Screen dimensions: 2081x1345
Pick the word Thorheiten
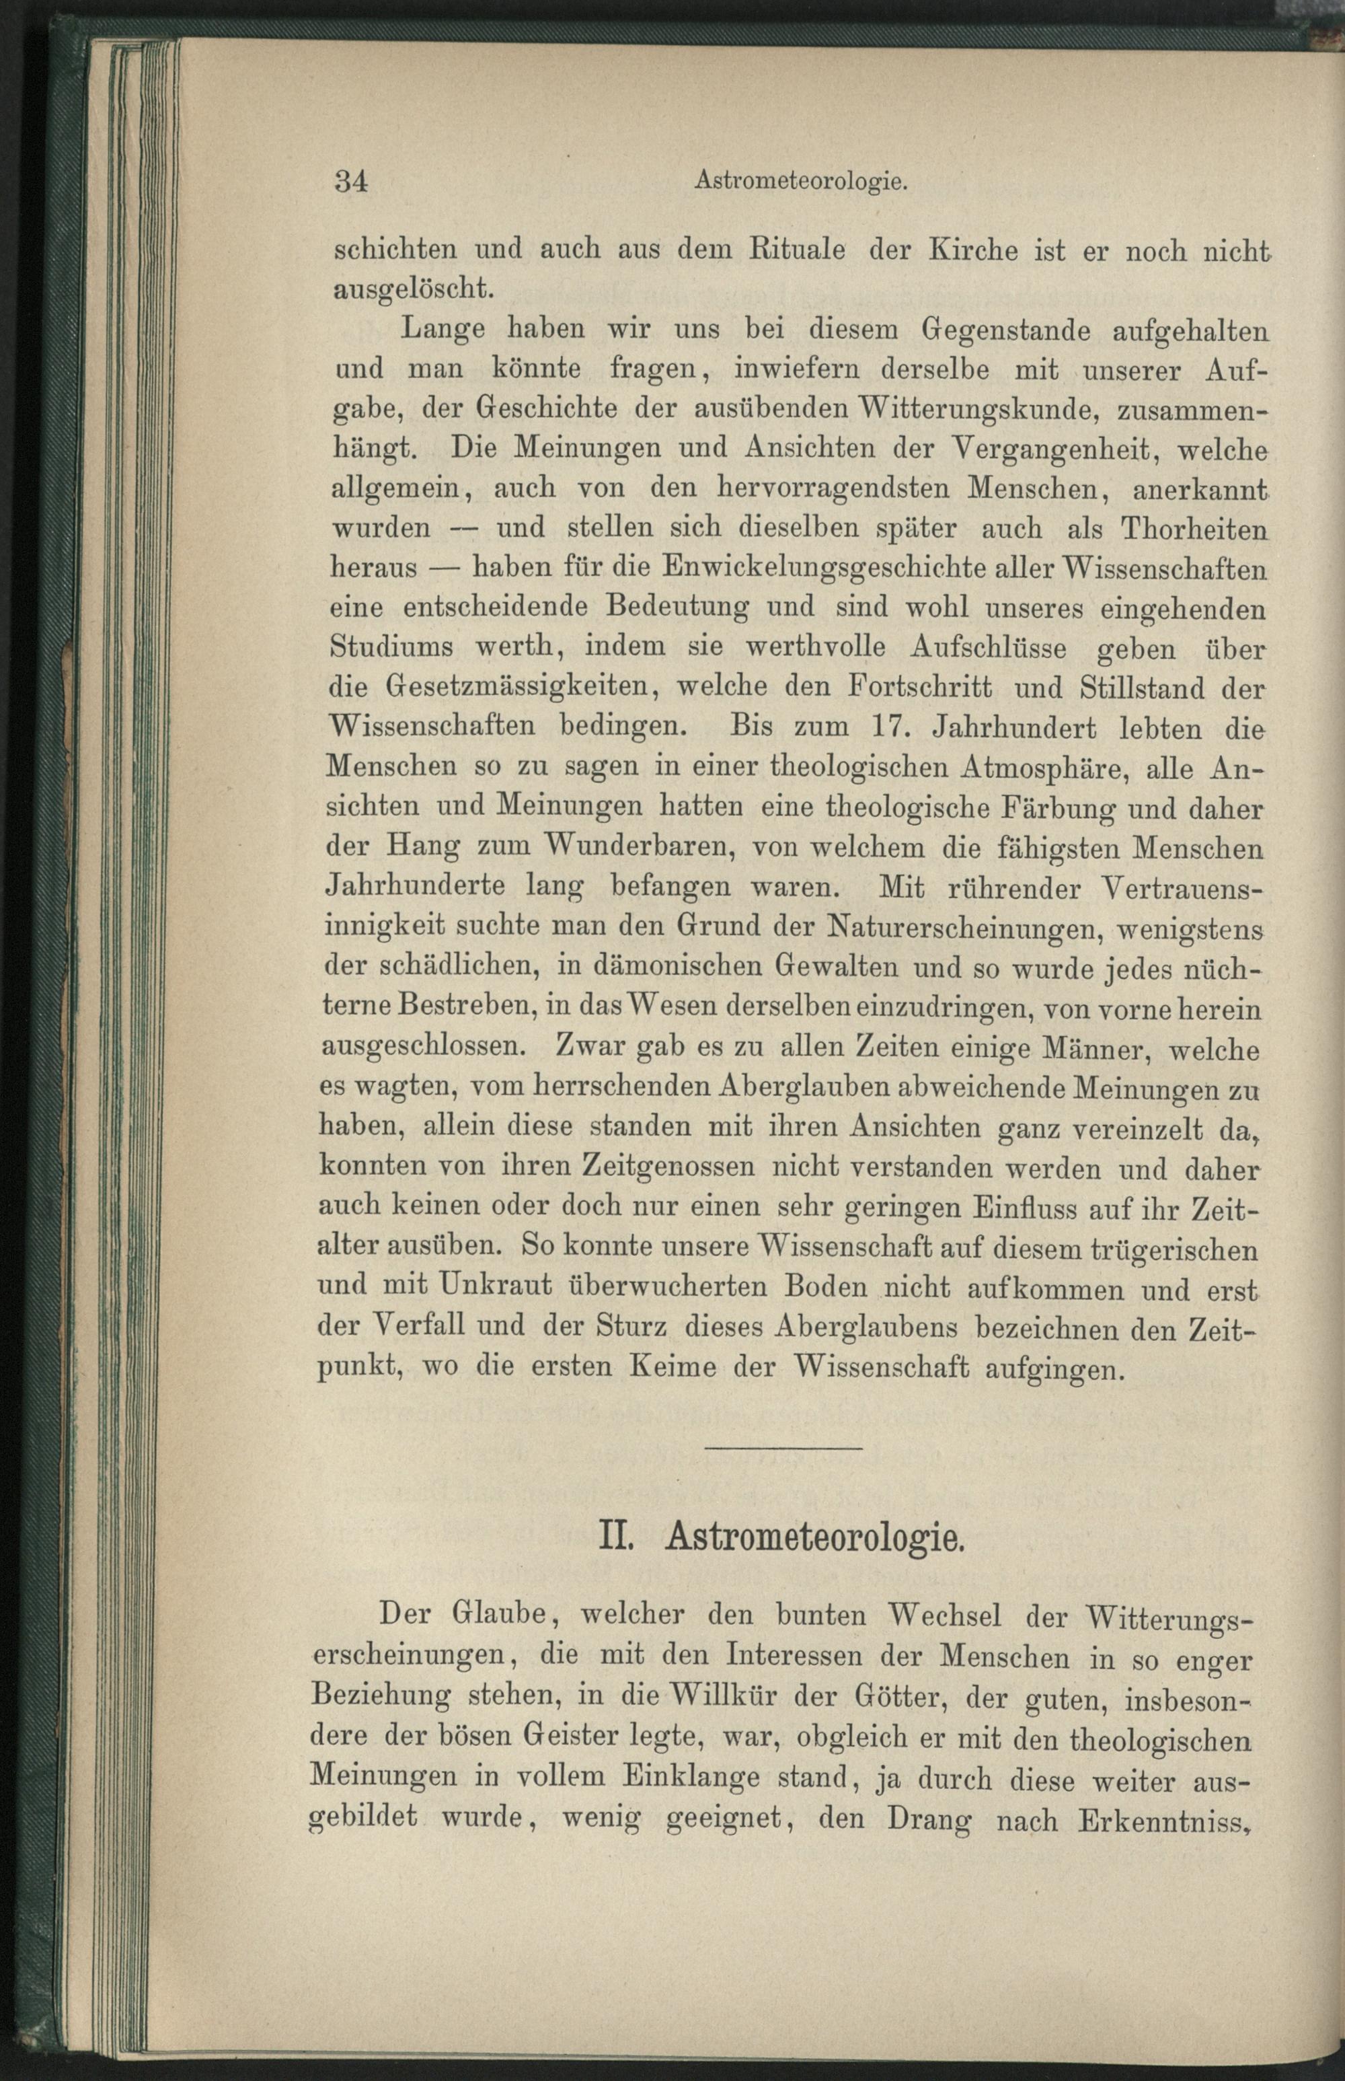[1193, 529]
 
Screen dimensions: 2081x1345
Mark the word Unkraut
[488, 1287]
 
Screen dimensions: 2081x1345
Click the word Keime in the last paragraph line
[679, 1367]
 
